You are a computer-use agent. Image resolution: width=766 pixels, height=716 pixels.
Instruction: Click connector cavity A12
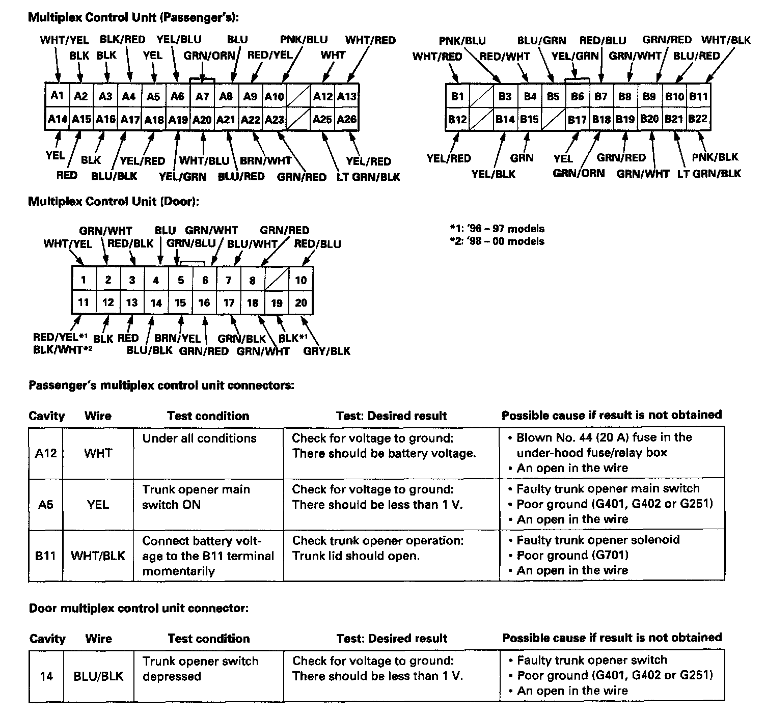pos(323,96)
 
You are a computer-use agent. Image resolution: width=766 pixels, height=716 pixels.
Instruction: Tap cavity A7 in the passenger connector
pos(202,96)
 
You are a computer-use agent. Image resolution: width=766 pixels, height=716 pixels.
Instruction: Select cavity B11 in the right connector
pos(698,96)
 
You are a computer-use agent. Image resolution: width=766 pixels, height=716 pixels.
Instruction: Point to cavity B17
pos(577,120)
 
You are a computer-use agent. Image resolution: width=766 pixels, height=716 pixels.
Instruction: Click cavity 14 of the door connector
pos(156,304)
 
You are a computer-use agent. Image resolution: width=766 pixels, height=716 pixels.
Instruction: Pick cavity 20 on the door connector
pos(301,303)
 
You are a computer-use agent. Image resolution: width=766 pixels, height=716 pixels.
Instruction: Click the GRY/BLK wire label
pos(326,351)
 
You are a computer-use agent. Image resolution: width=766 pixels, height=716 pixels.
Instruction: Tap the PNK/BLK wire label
pos(715,157)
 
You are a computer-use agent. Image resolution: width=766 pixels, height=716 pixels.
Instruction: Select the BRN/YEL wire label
pos(177,338)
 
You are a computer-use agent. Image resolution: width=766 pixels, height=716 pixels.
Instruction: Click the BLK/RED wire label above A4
pos(122,40)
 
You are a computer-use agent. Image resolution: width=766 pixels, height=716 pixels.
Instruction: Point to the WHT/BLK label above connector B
pos(726,40)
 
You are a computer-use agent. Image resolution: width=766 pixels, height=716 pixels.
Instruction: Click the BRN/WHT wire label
pos(265,161)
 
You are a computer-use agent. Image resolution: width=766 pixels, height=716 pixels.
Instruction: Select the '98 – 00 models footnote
pos(497,241)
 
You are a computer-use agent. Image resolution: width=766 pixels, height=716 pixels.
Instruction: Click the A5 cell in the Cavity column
pos(46,505)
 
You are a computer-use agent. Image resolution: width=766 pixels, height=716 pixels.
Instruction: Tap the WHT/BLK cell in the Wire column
pos(98,556)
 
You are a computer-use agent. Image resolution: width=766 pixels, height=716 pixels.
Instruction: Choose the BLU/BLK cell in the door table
pos(98,676)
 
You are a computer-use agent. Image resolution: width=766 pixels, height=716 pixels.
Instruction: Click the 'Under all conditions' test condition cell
pos(199,438)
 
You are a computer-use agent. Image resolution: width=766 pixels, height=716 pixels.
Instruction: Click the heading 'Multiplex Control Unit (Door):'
pos(113,202)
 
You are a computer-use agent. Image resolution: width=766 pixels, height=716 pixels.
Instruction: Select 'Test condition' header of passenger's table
pos(208,416)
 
